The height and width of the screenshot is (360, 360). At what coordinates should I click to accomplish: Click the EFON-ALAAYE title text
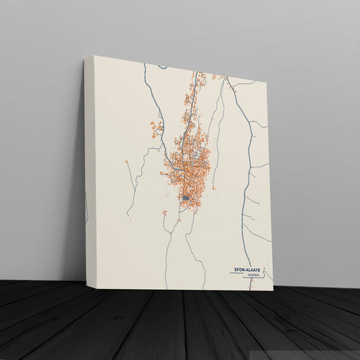point(250,270)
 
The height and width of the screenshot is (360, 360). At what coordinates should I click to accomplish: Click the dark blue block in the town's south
point(185,198)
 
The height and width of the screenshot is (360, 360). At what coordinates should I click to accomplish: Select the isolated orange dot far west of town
point(127,162)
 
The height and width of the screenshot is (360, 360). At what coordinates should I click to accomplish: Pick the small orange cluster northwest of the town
point(157,126)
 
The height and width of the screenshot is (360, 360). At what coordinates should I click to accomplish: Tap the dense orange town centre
point(186,165)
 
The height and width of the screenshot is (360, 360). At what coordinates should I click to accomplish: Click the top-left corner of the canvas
point(94,56)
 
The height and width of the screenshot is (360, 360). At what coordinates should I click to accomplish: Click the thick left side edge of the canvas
point(88,169)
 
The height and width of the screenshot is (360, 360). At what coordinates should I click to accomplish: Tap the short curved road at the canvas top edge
point(162,66)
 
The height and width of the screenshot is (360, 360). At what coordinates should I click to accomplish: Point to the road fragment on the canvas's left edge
point(86,206)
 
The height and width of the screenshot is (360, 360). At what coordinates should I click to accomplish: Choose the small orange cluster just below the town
point(164,213)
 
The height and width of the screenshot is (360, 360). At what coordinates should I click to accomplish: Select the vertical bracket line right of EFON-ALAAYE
point(265,274)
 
